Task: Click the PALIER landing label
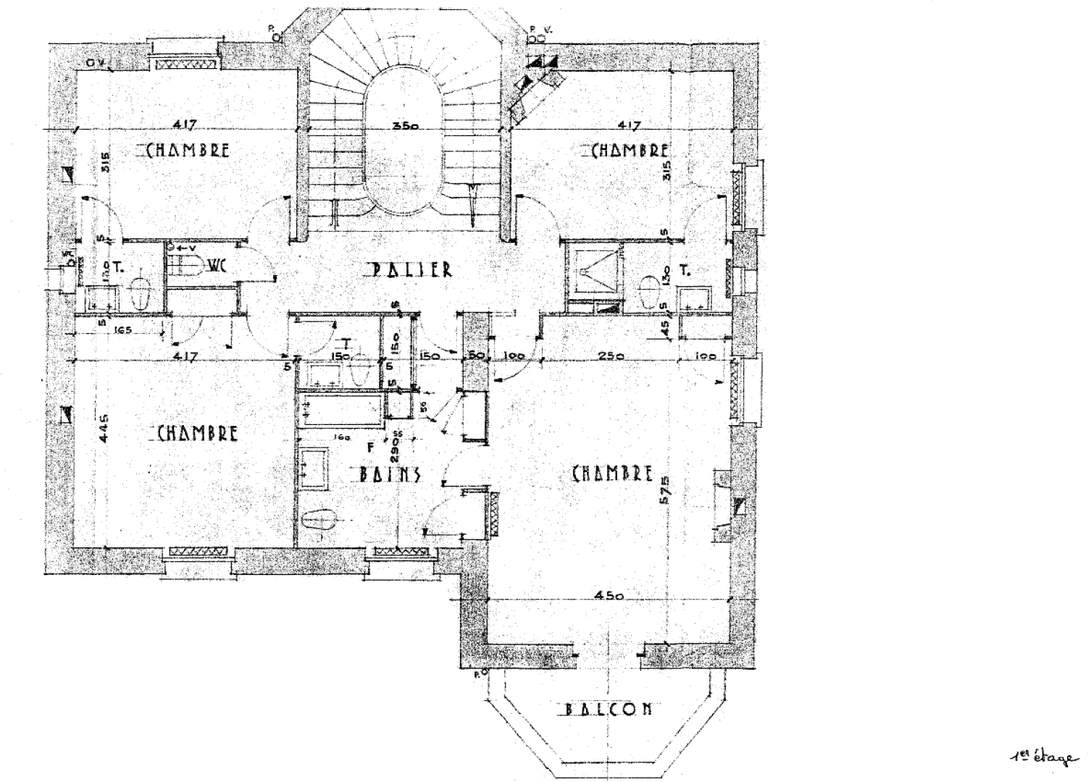(x=411, y=269)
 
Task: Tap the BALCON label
(x=608, y=709)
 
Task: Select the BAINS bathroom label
(x=390, y=475)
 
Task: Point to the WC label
(x=217, y=266)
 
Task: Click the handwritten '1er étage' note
(x=1041, y=757)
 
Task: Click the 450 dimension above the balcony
(x=609, y=595)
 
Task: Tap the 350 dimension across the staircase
(x=406, y=125)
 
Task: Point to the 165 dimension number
(x=122, y=331)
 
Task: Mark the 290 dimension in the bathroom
(x=396, y=450)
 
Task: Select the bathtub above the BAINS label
(x=340, y=411)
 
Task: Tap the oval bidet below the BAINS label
(x=319, y=521)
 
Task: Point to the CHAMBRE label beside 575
(x=612, y=474)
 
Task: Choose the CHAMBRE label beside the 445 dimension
(x=197, y=433)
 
